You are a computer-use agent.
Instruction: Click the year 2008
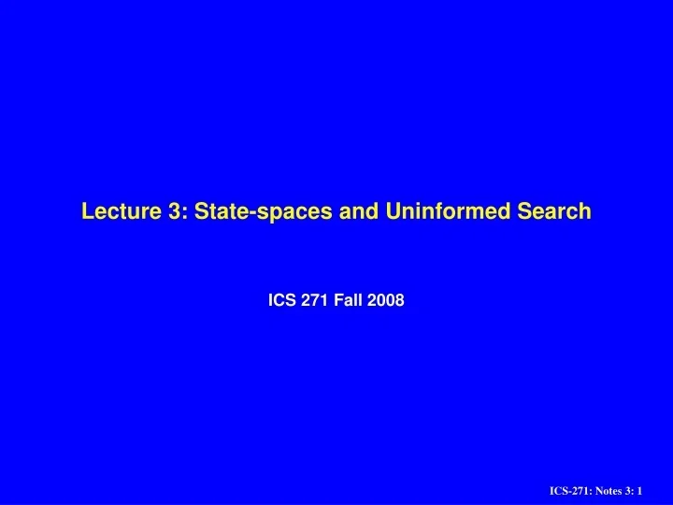[386, 300]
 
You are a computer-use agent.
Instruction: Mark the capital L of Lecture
[88, 211]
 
